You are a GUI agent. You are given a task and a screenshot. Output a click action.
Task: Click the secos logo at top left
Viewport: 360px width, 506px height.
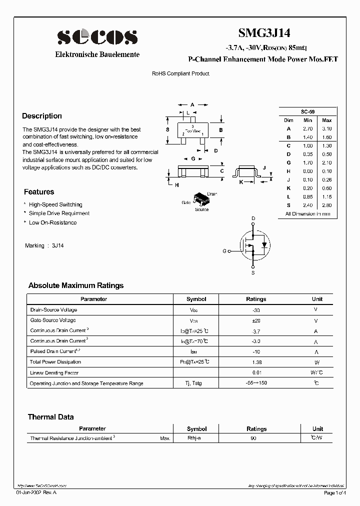click(x=97, y=37)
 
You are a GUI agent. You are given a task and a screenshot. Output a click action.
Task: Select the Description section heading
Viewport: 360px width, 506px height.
click(x=42, y=116)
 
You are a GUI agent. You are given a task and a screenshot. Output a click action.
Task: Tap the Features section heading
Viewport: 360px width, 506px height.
click(x=39, y=192)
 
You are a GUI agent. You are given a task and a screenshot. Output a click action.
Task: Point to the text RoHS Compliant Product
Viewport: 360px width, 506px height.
click(x=180, y=73)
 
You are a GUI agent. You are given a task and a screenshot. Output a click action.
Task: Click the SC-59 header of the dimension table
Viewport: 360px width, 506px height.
click(x=307, y=112)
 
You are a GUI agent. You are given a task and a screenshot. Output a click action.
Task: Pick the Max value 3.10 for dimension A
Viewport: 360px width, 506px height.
click(x=326, y=128)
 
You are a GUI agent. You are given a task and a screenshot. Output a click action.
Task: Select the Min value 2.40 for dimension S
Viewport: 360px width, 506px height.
click(x=307, y=205)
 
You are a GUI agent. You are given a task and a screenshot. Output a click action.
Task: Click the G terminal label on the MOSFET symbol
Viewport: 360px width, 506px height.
click(x=224, y=251)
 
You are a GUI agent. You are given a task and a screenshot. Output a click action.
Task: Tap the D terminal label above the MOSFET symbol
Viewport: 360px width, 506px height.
click(x=253, y=218)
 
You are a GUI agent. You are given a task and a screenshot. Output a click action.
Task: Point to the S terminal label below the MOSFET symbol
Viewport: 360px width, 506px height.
click(x=253, y=273)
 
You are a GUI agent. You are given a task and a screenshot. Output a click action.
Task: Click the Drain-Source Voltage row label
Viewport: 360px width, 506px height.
click(x=54, y=310)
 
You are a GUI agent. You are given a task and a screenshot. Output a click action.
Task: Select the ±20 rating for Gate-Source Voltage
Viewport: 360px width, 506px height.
click(x=256, y=320)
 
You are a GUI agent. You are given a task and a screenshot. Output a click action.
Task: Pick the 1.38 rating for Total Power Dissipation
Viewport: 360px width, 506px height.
click(x=256, y=361)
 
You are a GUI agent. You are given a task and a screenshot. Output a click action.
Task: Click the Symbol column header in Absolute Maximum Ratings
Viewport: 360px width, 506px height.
click(x=196, y=299)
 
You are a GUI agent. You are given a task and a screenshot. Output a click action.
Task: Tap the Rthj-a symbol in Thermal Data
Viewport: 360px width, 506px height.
click(x=194, y=438)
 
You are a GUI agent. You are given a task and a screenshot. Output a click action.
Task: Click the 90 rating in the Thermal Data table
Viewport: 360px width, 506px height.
click(x=253, y=438)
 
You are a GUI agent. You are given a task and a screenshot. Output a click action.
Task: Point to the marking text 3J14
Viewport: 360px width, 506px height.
click(x=57, y=246)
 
